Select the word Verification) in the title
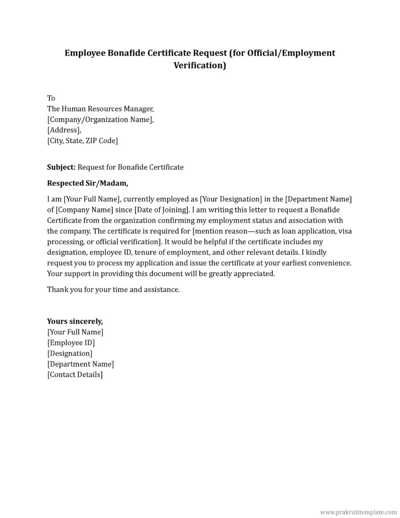pos(200,65)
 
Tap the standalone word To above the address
pos(51,98)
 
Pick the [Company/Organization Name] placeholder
pos(100,119)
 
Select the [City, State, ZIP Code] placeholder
pos(82,141)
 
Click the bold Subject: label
pos(61,166)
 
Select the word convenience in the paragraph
pos(325,263)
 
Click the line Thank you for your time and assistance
pos(113,290)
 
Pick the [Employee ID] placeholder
pos(71,342)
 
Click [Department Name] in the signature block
pos(80,364)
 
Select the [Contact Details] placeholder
pos(75,375)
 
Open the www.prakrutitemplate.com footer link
pos(359,512)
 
